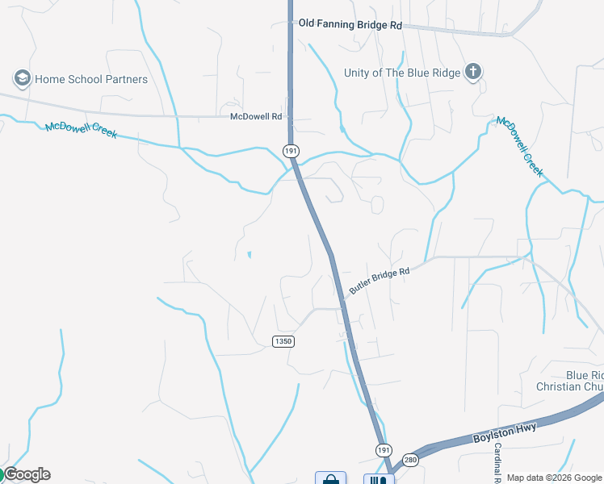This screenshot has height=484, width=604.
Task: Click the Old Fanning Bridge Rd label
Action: point(350,25)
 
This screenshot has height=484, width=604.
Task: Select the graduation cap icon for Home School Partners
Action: point(21,78)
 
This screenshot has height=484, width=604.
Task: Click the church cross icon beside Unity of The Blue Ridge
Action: point(472,73)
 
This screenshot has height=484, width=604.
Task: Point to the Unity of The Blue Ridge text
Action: point(402,73)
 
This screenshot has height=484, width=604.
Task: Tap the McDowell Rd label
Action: point(256,117)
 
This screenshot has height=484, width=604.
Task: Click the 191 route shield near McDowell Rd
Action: point(291,150)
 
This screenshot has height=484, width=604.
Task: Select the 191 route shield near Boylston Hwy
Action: point(383,449)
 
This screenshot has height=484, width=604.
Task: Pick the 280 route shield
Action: point(412,458)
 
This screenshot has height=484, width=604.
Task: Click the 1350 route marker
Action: point(283,341)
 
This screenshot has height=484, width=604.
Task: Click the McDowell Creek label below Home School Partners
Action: point(81,130)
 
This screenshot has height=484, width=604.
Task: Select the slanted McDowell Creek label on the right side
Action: point(520,146)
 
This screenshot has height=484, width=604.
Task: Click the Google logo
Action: point(26,474)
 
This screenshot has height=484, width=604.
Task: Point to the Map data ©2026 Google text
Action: point(555,478)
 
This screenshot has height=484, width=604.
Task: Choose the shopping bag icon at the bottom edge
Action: point(330,478)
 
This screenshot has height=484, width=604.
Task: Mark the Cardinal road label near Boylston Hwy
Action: point(498,463)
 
